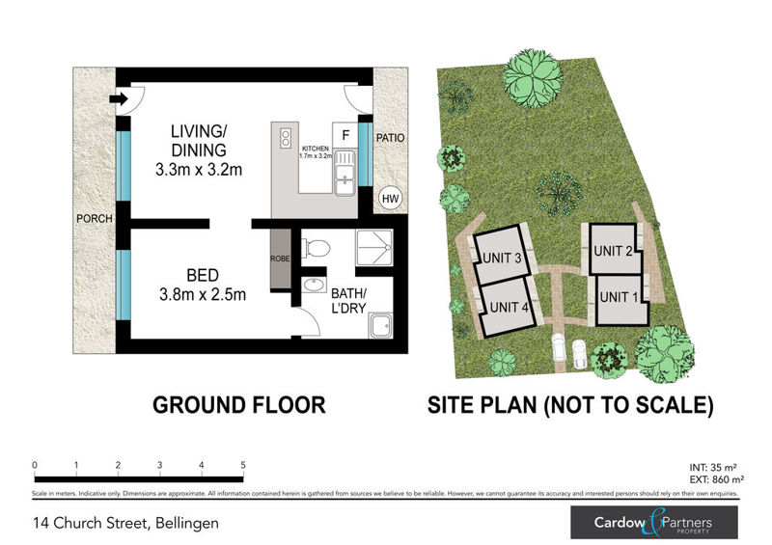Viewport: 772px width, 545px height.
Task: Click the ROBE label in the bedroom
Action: coord(279,259)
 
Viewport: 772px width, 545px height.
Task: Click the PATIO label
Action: coord(390,138)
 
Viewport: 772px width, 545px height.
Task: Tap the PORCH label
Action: coord(95,219)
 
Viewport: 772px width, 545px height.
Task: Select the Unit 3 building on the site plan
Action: coord(503,255)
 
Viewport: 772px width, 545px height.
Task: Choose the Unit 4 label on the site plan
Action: coord(508,308)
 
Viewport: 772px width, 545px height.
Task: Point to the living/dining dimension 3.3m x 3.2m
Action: coord(198,170)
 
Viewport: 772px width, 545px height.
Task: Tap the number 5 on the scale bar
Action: coord(243,465)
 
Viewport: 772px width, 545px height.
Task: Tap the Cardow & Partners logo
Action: coord(653,523)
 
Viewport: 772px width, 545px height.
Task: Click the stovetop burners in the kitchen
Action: coord(285,138)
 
